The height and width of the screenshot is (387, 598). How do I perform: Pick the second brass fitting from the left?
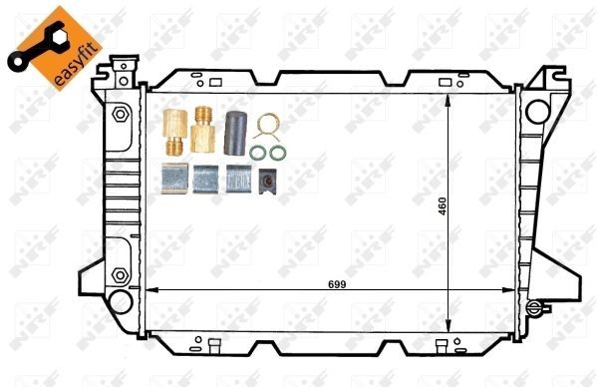click(x=204, y=128)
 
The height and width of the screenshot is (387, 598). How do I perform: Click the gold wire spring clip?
click(x=264, y=127)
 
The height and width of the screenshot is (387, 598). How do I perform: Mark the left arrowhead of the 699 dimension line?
click(x=150, y=290)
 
